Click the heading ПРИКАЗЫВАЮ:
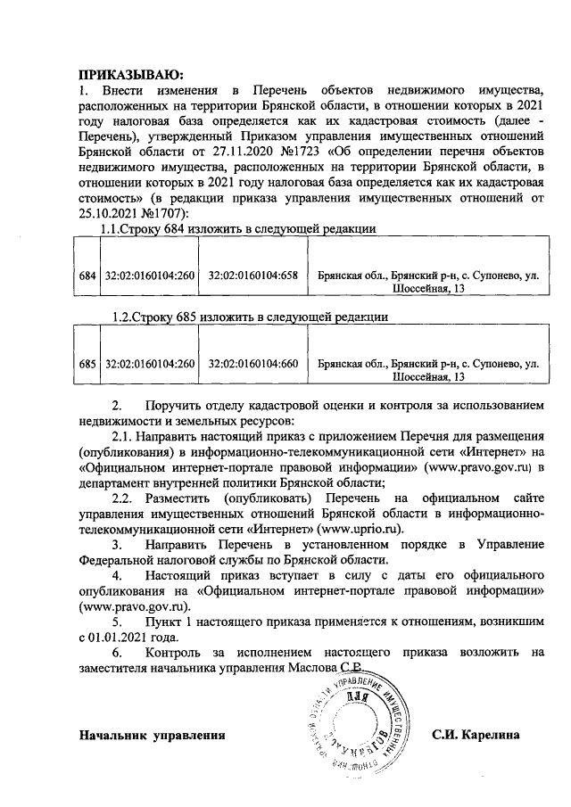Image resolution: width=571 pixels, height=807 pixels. (x=130, y=72)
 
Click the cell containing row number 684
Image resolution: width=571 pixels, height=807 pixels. (x=87, y=276)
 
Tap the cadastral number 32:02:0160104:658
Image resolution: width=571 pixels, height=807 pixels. (x=252, y=276)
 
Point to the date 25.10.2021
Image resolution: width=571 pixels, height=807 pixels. (x=105, y=212)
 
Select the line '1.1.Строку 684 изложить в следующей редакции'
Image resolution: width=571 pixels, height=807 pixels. (x=237, y=229)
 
